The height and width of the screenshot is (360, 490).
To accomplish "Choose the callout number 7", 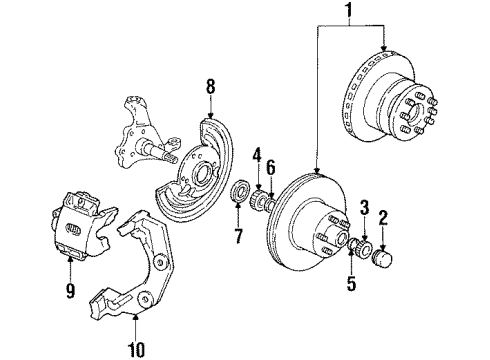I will click(x=238, y=236).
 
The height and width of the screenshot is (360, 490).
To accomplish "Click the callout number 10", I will click(x=136, y=349).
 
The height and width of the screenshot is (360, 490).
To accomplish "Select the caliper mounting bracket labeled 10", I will click(x=135, y=270).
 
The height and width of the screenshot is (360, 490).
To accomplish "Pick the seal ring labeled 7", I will click(x=239, y=192).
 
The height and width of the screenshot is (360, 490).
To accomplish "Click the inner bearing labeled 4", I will click(x=259, y=200).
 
